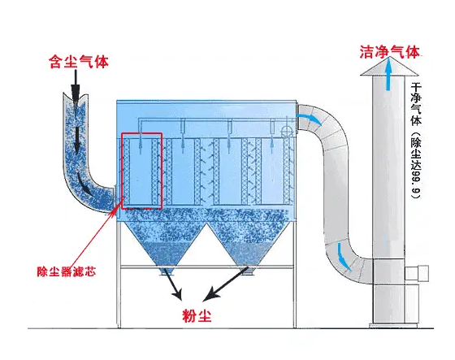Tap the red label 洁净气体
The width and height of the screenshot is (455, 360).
point(389,52)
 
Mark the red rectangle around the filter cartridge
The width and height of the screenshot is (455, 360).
point(142,170)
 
